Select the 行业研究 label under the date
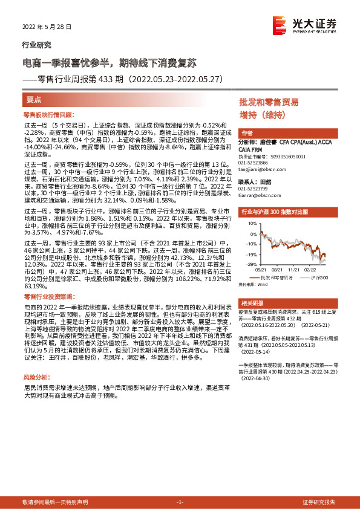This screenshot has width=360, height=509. click(x=36, y=45)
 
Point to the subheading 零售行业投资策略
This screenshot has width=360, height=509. click(x=48, y=297)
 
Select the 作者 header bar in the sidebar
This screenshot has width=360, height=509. click(x=294, y=133)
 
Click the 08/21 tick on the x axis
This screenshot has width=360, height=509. click(x=278, y=270)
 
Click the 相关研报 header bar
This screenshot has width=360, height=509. click(x=294, y=302)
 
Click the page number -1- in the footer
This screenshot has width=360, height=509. click(x=179, y=502)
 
